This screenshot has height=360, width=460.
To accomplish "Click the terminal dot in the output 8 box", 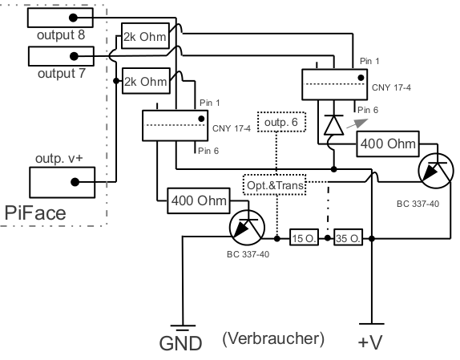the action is (73, 18).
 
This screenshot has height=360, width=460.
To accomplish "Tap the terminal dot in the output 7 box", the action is (74, 56).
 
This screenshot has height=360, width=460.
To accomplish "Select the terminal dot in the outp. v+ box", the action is (75, 182).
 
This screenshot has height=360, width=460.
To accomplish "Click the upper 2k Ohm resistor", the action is (146, 36).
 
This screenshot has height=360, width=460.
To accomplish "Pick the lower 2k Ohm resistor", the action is (146, 81).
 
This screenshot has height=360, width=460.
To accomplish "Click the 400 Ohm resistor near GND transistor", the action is (199, 200).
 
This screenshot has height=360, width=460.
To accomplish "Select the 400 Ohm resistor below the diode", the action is (388, 144).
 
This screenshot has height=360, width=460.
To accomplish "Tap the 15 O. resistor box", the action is (305, 237).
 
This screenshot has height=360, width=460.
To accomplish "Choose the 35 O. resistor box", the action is (349, 237).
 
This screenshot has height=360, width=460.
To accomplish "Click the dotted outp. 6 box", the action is (281, 122).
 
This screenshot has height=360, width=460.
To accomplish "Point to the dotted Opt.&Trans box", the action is (275, 184).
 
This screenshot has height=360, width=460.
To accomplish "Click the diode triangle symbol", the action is (334, 125).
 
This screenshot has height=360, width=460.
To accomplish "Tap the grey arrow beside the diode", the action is (357, 123).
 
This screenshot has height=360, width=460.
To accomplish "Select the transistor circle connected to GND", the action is (248, 228).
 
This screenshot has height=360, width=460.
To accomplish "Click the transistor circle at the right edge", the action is (437, 171).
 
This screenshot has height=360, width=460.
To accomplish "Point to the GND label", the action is (181, 343).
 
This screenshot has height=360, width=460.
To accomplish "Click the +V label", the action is (370, 342).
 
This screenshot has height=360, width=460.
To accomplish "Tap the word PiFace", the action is (35, 213).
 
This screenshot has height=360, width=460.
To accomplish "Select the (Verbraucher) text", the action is (273, 339).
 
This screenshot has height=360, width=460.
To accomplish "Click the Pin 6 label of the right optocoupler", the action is (368, 110).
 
